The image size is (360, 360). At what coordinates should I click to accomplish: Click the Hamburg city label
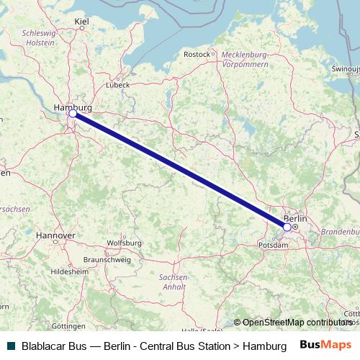click(x=73, y=107)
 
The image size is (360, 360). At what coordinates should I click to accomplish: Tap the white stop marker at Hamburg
click(x=73, y=114)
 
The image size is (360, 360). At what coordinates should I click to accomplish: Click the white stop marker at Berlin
click(x=287, y=227)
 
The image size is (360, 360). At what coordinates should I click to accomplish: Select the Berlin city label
click(x=295, y=218)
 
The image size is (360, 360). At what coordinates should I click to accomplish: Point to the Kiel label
click(x=81, y=22)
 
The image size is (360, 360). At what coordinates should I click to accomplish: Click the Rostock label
click(x=196, y=54)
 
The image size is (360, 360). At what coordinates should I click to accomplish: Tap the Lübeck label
click(x=117, y=84)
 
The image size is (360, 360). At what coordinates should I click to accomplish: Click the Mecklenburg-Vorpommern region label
click(x=245, y=59)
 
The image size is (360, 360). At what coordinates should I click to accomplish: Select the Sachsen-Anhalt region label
click(x=174, y=282)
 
